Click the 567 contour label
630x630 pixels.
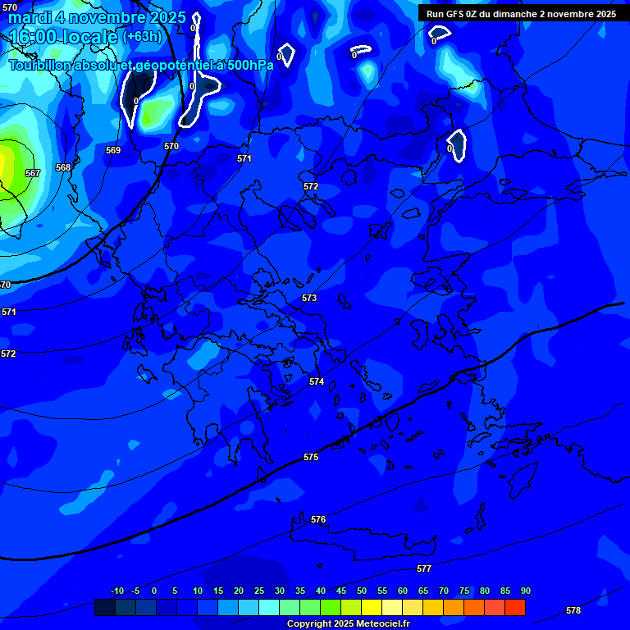click(33, 173)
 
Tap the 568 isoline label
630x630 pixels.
click(63, 167)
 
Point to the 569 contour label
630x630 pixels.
click(113, 150)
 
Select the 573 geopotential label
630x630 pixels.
click(309, 298)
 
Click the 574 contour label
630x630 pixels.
click(317, 381)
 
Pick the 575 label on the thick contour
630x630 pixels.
click(311, 457)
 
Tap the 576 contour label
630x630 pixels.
click(318, 519)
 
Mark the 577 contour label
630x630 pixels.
click(424, 568)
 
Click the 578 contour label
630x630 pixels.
click(573, 610)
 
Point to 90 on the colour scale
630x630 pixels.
click(525, 591)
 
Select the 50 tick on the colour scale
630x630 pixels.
click(362, 591)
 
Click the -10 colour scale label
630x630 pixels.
click(116, 591)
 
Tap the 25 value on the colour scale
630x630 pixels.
click(259, 591)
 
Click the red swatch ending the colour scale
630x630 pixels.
click(515, 607)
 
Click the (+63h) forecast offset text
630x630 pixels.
click(142, 37)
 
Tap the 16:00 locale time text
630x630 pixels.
click(63, 37)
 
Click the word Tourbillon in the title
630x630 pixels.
click(42, 65)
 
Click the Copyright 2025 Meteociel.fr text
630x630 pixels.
click(348, 624)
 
